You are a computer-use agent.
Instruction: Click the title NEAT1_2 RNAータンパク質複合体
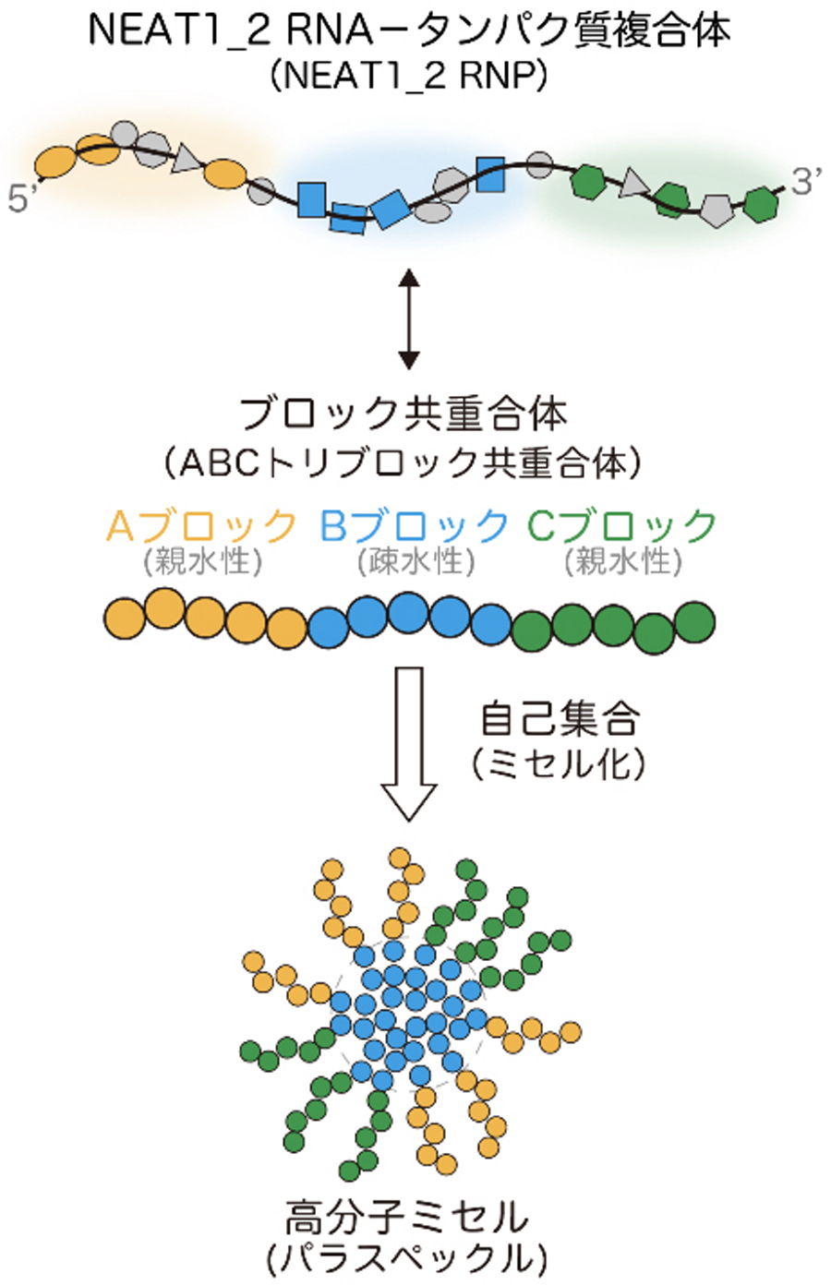[409, 31]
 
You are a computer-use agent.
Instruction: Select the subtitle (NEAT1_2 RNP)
[409, 77]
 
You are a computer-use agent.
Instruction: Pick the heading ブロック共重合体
[403, 415]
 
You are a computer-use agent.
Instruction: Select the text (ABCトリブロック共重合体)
[403, 462]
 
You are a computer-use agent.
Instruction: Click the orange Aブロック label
[203, 526]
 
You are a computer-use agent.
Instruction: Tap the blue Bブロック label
[414, 526]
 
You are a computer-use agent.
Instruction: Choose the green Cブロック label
[622, 526]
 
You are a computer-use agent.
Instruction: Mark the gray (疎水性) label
[415, 560]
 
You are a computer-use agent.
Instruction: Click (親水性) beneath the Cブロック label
[623, 560]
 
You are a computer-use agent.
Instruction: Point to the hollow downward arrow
[408, 743]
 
